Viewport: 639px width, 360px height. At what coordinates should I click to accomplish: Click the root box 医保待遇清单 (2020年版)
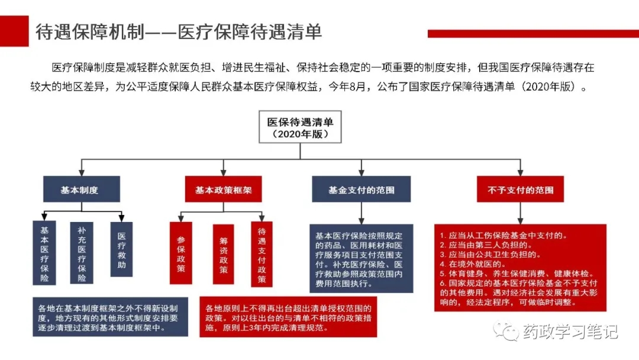point(301,127)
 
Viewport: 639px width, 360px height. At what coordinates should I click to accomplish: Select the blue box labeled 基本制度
point(82,189)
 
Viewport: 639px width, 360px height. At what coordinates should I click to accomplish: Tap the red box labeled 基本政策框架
point(223,189)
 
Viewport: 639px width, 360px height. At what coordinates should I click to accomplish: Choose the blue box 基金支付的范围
point(362,189)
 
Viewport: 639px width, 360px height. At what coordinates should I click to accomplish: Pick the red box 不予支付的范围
point(521,189)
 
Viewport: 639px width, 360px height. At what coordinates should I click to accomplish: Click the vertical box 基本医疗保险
point(44,253)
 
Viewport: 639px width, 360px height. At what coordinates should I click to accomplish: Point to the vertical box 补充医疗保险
point(82,253)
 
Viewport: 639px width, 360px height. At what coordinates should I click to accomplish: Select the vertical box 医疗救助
point(121,249)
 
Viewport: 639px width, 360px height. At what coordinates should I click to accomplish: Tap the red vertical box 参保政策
point(181,253)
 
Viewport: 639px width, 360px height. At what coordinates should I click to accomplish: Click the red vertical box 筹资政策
point(223,255)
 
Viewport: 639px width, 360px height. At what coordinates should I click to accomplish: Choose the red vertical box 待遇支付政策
point(262,255)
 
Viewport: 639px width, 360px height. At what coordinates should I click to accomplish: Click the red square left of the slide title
point(14,31)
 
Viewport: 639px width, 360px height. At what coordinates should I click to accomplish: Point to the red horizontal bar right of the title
point(533,34)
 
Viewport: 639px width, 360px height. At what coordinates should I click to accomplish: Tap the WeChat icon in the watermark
point(505,331)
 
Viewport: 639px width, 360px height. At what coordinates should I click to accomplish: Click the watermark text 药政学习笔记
point(570,332)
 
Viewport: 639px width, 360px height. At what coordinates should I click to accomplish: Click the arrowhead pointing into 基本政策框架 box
point(223,172)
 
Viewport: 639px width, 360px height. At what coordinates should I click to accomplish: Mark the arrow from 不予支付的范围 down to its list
point(521,213)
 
